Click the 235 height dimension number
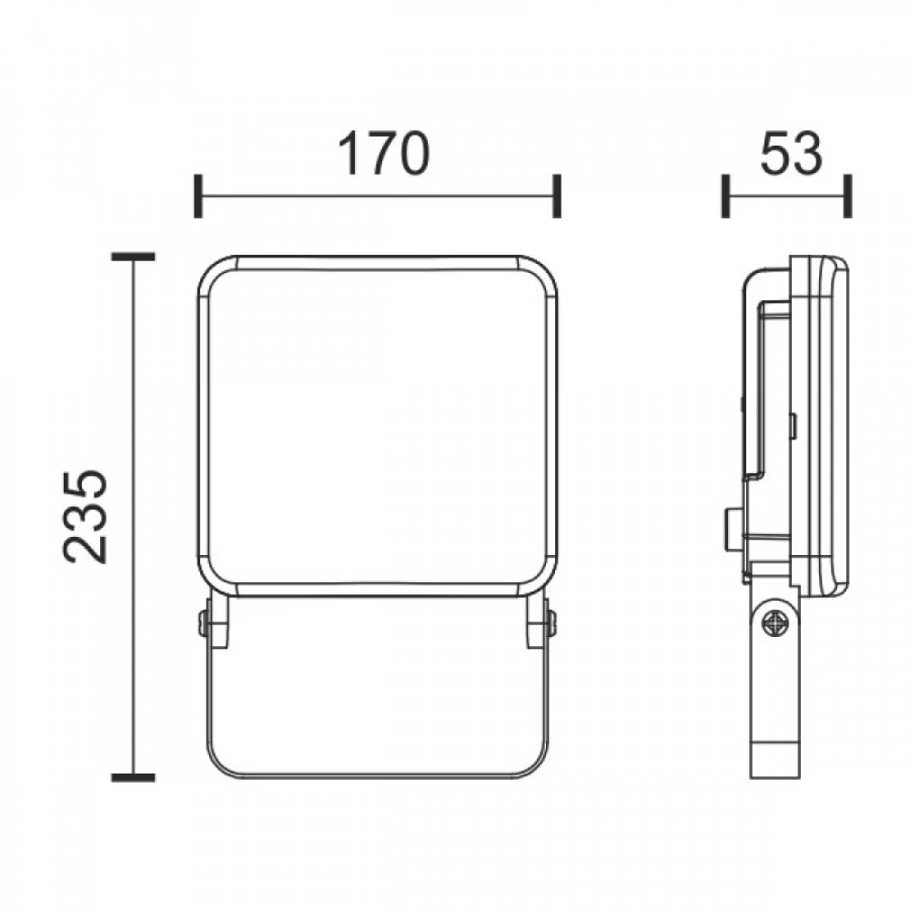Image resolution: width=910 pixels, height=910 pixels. point(86,516)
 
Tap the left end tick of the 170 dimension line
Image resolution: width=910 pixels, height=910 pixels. point(197,196)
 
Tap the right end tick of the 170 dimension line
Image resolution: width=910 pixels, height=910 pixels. point(557,196)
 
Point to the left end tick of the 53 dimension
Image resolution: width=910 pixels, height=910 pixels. point(725,196)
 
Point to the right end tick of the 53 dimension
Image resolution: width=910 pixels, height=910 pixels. point(848,196)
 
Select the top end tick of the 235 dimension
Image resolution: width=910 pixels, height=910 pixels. point(134,257)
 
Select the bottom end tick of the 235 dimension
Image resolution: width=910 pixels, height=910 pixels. point(134,778)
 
